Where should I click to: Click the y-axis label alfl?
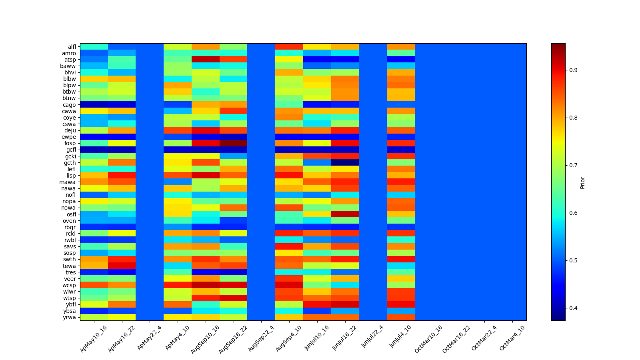point(72,47)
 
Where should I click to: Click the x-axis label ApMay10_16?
point(94,338)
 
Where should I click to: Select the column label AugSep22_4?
point(261,338)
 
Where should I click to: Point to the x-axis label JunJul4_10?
point(400,338)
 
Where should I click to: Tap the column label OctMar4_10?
point(512,338)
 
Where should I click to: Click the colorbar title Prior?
point(582,182)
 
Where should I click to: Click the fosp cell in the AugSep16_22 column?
point(233,143)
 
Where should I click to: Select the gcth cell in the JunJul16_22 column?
point(345,162)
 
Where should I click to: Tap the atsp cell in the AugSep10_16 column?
point(205,60)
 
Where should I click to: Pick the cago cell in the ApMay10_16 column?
point(94,105)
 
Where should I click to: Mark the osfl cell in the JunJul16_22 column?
point(345,214)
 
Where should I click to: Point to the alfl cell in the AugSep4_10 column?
point(289,47)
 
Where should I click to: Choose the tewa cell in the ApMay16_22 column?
point(122,266)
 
